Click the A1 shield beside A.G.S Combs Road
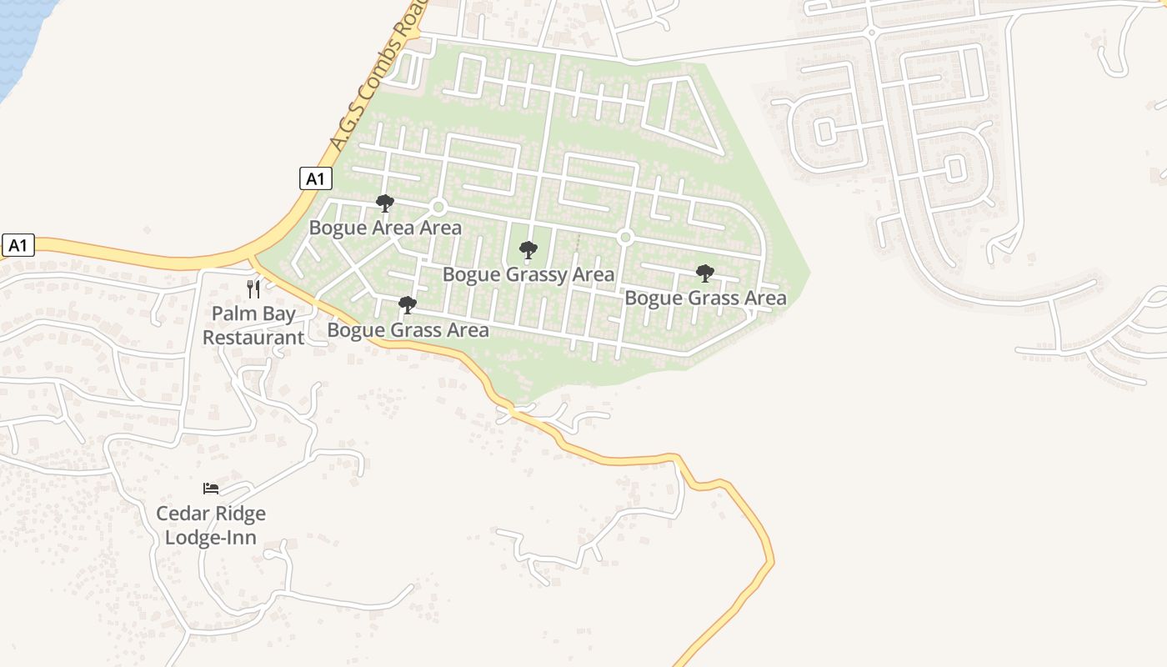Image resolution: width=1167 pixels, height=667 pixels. (x=315, y=178)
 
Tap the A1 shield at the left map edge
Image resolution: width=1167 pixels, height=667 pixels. (x=18, y=245)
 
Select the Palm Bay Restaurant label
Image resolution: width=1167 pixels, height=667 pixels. (x=253, y=326)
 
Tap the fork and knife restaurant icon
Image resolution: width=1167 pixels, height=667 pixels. (x=253, y=289)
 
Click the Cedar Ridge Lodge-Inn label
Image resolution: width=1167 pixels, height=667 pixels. (x=211, y=525)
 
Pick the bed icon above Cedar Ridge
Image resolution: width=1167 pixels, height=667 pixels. (x=211, y=489)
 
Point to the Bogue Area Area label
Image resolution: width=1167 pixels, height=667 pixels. (x=385, y=228)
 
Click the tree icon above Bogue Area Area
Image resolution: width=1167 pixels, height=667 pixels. (x=384, y=203)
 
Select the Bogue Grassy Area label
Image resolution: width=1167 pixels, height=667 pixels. (x=528, y=274)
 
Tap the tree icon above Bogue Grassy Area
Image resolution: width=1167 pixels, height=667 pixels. (x=528, y=250)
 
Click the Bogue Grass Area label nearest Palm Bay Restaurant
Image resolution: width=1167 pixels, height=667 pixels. (x=408, y=329)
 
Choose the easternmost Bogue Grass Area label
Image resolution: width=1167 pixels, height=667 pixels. (x=705, y=298)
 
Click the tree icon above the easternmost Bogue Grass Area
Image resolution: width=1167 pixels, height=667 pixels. (x=705, y=273)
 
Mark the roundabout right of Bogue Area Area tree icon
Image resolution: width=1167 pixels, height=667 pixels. (x=438, y=206)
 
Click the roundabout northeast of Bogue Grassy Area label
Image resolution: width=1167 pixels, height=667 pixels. (x=625, y=238)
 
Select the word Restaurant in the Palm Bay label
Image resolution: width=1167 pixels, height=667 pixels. (x=253, y=338)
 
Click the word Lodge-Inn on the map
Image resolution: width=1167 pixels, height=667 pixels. (x=211, y=537)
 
